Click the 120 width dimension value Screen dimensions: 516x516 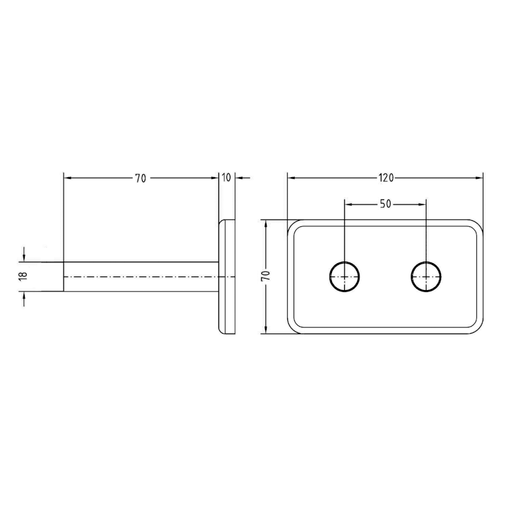click(x=386, y=178)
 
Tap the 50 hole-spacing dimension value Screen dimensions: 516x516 click(x=385, y=204)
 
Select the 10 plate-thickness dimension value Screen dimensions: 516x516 click(x=226, y=178)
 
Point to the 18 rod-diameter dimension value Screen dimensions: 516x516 click(x=23, y=276)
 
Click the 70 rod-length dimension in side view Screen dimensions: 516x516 click(x=140, y=178)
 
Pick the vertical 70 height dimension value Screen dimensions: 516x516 click(x=266, y=275)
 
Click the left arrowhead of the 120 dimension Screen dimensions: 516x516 click(x=291, y=178)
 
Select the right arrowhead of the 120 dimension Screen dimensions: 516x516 click(x=479, y=178)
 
